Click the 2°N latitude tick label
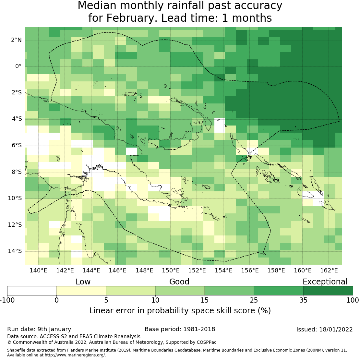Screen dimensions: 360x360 tap(16, 40)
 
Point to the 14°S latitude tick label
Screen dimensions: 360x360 tap(15, 251)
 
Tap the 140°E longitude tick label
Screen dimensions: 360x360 tap(38, 270)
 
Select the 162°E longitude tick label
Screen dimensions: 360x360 tap(329, 270)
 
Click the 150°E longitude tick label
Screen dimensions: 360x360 tap(171, 270)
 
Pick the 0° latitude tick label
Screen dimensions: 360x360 tap(18, 66)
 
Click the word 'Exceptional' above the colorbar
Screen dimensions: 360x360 tap(325, 282)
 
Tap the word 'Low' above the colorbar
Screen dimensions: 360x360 tap(83, 282)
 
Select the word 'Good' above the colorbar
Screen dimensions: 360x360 tap(179, 282)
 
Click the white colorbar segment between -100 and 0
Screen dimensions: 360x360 tap(32, 291)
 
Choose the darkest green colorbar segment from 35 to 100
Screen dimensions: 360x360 tap(328, 291)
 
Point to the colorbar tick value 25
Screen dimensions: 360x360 tap(254, 300)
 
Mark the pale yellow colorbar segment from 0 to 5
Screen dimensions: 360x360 tap(81, 291)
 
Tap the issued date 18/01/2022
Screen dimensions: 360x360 tap(336, 330)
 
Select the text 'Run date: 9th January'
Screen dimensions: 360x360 tap(39, 329)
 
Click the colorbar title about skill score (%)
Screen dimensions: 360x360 tap(180, 310)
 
